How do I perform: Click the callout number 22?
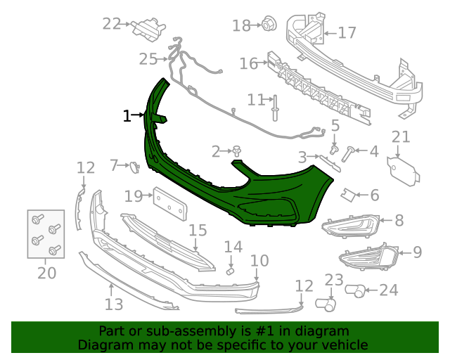click(111, 24)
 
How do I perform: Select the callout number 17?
click(347, 33)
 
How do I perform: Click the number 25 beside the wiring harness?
click(148, 60)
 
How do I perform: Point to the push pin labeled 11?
click(275, 108)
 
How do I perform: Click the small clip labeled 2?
click(237, 150)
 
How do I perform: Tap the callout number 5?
click(335, 126)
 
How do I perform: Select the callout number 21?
click(401, 137)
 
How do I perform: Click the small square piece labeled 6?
click(348, 195)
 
